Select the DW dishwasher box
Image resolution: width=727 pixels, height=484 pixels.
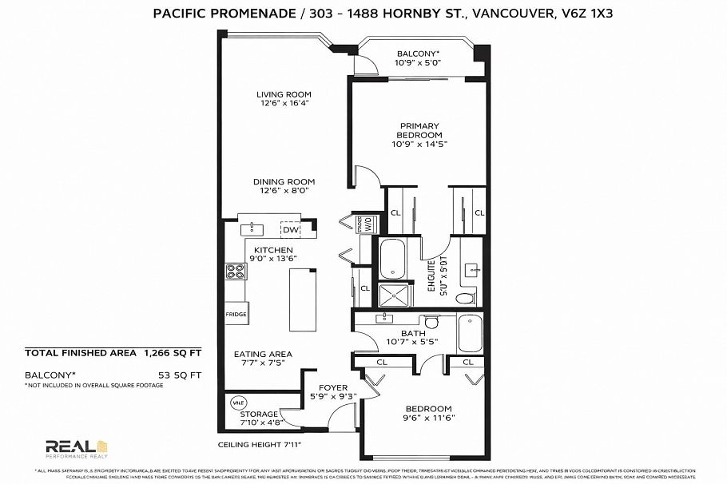pyautogui.click(x=290, y=230)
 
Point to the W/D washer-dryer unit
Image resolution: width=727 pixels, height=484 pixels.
pyautogui.click(x=368, y=224)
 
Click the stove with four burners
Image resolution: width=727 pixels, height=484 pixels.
pyautogui.click(x=236, y=272)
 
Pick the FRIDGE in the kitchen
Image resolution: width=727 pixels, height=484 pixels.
pyautogui.click(x=236, y=313)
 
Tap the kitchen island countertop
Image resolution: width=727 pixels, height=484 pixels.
pyautogui.click(x=302, y=299)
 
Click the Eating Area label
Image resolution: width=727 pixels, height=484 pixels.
pyautogui.click(x=263, y=354)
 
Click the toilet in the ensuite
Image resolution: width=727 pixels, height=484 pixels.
pyautogui.click(x=465, y=298)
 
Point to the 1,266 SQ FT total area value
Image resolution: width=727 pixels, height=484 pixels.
pyautogui.click(x=173, y=351)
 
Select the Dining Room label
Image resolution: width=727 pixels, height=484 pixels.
pyautogui.click(x=284, y=181)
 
